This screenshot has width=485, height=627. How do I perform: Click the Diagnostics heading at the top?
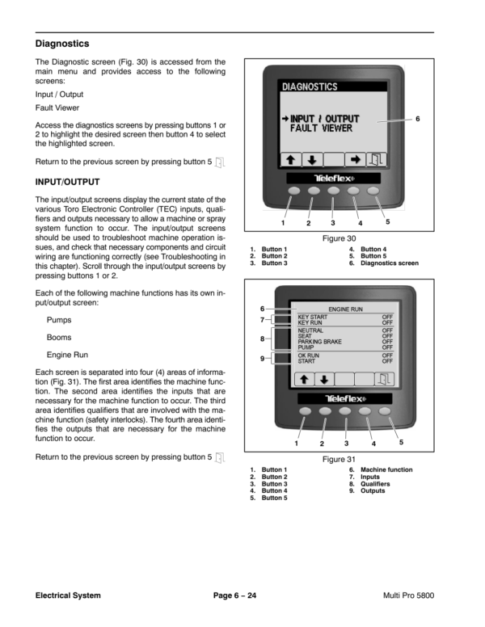click(x=62, y=43)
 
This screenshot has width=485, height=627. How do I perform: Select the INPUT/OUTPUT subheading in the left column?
click(x=67, y=183)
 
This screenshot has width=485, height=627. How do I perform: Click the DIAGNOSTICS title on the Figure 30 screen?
click(x=310, y=86)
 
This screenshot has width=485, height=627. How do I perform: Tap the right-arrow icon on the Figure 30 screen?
click(x=354, y=159)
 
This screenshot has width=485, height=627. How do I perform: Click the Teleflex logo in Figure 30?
click(x=334, y=178)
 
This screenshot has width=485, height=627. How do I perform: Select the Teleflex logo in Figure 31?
click(x=344, y=398)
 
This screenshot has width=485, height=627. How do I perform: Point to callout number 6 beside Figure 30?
click(x=418, y=119)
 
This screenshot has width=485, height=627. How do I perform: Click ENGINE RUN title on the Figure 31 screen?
click(x=345, y=309)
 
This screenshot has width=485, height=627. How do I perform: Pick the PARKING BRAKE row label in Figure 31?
click(x=320, y=342)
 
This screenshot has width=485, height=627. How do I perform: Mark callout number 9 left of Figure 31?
click(x=262, y=358)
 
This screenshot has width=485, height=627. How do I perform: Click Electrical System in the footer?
click(x=68, y=595)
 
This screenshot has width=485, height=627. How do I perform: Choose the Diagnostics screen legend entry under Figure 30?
click(x=390, y=263)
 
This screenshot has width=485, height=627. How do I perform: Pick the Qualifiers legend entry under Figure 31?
click(x=377, y=483)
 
